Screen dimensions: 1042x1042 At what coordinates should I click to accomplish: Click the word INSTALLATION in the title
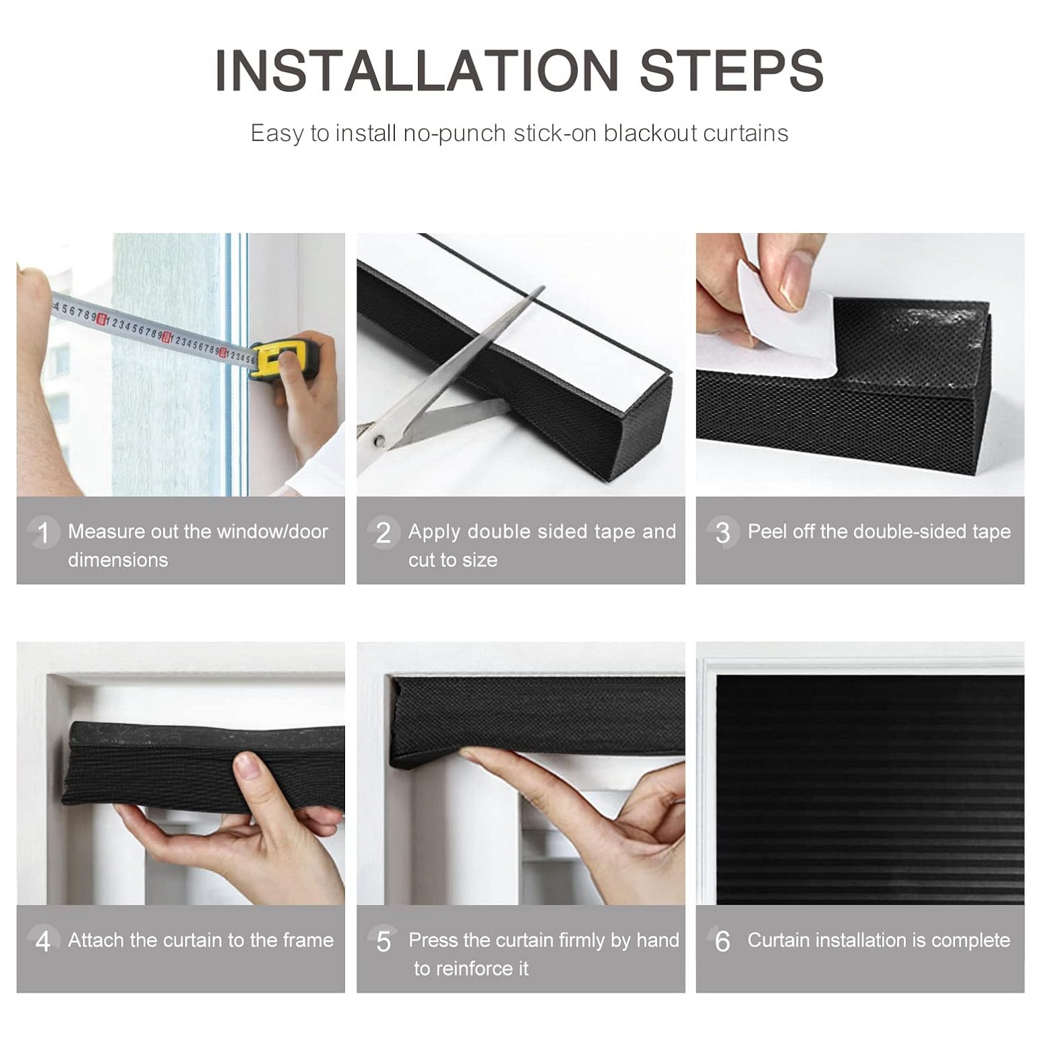[417, 70]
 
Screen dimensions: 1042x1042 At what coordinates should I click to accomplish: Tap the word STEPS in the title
[731, 70]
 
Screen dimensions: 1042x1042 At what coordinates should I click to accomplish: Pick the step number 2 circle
[384, 532]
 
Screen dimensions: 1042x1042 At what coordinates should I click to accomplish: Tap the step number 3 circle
[723, 532]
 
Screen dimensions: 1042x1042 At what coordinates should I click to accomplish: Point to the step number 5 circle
[384, 941]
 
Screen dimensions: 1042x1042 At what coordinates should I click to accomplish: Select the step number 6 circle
[723, 941]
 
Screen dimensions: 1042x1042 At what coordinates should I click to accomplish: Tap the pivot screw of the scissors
[379, 441]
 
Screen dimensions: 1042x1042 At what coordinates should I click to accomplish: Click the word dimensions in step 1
[118, 560]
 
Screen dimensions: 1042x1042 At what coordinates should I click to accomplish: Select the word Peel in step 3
[768, 532]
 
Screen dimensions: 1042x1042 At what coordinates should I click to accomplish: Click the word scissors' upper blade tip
[543, 287]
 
